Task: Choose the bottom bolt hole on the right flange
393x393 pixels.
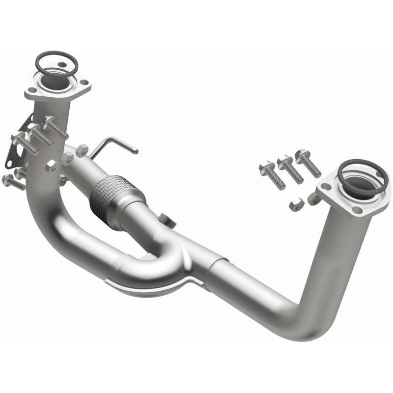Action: point(357,210)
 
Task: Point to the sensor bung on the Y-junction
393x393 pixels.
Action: point(167,220)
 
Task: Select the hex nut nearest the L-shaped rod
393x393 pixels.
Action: point(81,150)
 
